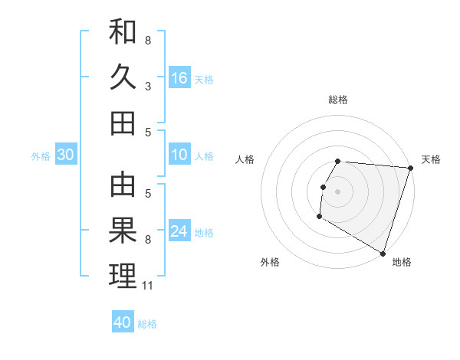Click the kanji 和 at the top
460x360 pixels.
(123, 33)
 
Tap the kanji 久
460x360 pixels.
(123, 77)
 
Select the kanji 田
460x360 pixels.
(123, 123)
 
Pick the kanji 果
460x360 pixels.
(123, 231)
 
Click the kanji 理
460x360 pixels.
(123, 276)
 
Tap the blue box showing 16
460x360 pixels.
(179, 78)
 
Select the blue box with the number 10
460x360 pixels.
(179, 155)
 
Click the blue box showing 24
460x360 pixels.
(179, 232)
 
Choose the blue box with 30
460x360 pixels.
(66, 155)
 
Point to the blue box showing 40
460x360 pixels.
(123, 322)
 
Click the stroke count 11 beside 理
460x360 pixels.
(149, 286)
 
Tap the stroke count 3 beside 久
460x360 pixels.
(148, 87)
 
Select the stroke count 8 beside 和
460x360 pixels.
(148, 40)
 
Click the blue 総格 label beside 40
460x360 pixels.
(147, 324)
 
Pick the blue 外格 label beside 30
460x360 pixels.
(41, 156)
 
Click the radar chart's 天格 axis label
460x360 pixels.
(431, 159)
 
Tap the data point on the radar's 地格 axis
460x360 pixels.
(382, 253)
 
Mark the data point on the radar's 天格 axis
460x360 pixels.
(410, 168)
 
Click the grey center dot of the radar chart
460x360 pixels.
(337, 191)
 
